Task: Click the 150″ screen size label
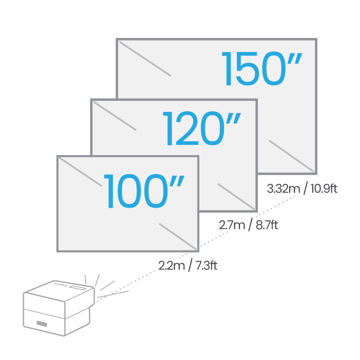[262, 69]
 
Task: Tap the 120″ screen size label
[202, 129]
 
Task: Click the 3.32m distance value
[284, 189]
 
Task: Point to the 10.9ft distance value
[324, 189]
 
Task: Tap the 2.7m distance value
[232, 225]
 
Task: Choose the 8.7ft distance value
[267, 225]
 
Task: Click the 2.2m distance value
[172, 266]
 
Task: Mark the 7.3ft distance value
[206, 266]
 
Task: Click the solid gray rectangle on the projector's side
[42, 324]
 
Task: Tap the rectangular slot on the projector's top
[78, 288]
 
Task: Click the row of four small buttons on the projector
[61, 285]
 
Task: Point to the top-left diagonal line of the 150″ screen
[145, 59]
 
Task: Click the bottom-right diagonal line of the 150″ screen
[291, 156]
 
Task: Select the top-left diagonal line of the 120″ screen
[115, 116]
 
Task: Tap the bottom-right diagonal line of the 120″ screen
[236, 197]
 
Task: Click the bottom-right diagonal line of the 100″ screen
[178, 236]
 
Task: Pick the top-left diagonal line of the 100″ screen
[81, 172]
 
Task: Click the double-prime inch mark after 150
[294, 58]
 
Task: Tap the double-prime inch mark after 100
[177, 181]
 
